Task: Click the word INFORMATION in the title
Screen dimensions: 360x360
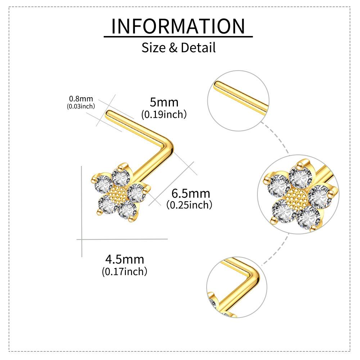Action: tap(178, 26)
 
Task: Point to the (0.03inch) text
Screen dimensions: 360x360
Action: tap(81, 106)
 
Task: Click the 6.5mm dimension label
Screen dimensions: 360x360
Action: tap(190, 193)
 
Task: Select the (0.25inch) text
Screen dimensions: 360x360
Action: tap(189, 205)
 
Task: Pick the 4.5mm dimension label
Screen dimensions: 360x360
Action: tap(125, 259)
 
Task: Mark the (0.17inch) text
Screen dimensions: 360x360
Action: tap(125, 271)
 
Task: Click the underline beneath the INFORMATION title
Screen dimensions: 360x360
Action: tap(178, 36)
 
